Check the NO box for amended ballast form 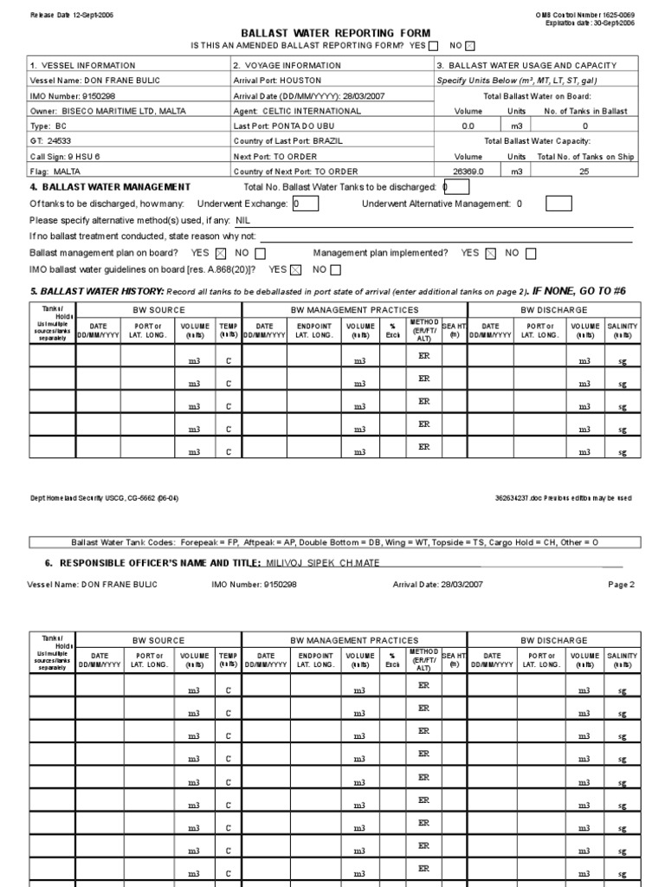tap(470, 46)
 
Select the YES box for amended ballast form tap(433, 46)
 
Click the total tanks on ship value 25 tap(584, 172)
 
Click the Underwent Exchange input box tap(305, 204)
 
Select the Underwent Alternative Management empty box tap(559, 204)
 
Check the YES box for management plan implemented tap(491, 254)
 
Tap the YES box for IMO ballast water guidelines tap(296, 270)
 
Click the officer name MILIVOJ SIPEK tap(293, 563)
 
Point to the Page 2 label tap(621, 585)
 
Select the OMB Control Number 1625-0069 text tap(594, 16)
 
